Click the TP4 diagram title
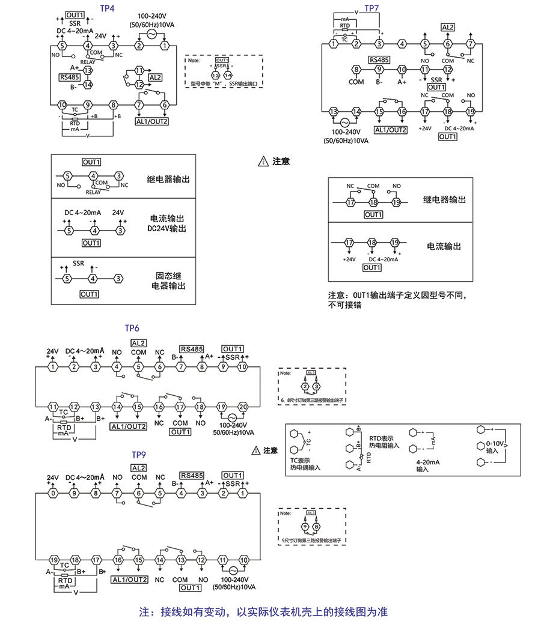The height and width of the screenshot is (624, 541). coord(108,10)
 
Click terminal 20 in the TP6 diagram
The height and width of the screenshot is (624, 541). coord(242,407)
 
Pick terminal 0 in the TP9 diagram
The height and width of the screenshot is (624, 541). coord(53,493)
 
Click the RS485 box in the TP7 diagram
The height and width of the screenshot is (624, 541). coord(379,59)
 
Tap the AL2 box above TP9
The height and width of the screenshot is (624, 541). coord(139,468)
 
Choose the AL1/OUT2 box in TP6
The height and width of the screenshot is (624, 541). coord(129,426)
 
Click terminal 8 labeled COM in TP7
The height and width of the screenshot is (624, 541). coord(356,70)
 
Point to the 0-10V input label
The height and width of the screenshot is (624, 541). coord(492,446)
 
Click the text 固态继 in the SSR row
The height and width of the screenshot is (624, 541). coord(168,276)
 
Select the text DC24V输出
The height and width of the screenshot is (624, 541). coord(168,229)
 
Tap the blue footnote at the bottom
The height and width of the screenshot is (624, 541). coord(263,612)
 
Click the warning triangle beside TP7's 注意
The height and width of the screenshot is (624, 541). coord(263,162)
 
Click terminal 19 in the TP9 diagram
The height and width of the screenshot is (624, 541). coord(53,559)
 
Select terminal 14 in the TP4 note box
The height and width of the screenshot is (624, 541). coord(228,75)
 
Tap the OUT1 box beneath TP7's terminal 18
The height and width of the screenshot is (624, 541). coord(448,137)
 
